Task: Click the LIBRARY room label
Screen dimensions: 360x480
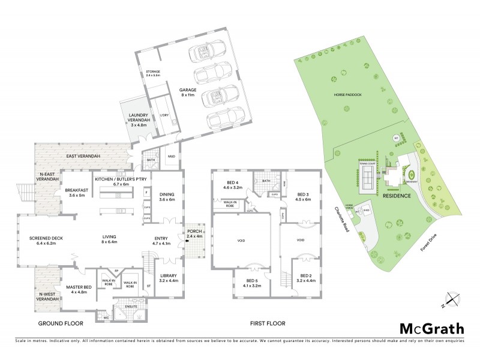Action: (169, 278)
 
